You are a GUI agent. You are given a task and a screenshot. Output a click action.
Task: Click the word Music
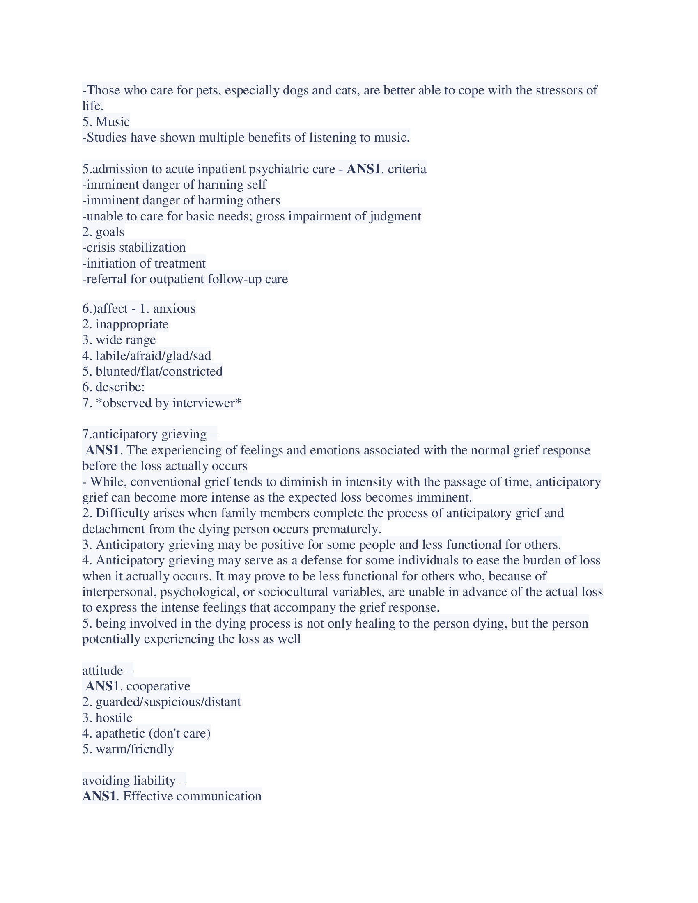[113, 121]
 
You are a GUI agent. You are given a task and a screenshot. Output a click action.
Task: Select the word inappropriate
[132, 324]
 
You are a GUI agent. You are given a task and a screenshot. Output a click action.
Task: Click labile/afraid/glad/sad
[154, 355]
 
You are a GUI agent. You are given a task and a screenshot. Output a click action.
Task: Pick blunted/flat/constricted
[159, 371]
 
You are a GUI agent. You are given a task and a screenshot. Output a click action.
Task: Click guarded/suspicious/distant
[168, 701]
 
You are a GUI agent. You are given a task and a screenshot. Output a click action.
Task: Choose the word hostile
[114, 717]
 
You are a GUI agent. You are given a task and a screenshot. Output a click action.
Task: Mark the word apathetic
[120, 733]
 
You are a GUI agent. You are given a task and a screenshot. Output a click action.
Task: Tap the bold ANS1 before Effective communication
[99, 796]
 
